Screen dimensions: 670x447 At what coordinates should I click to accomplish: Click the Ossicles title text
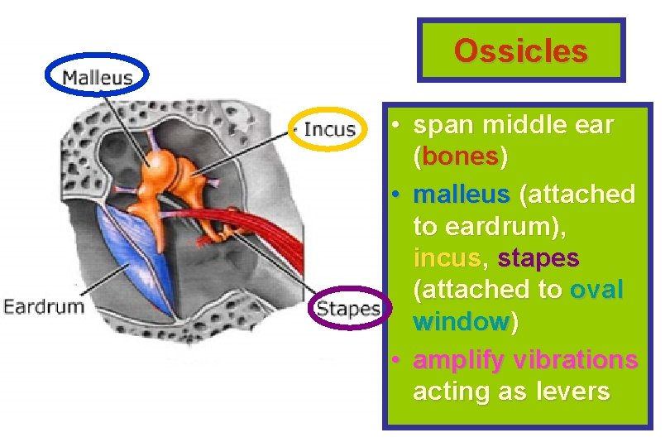tap(520, 51)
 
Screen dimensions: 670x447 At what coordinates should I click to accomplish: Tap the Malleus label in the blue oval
tap(98, 78)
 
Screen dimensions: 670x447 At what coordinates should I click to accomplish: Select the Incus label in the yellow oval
tap(329, 129)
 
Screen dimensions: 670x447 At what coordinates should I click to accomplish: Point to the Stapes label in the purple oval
tap(348, 309)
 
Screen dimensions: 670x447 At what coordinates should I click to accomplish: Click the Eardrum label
tap(44, 306)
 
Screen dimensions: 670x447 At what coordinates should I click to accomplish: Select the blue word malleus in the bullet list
tap(461, 195)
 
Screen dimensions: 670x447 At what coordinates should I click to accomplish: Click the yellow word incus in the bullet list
tap(447, 258)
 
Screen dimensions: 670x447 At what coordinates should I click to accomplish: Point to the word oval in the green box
tap(596, 290)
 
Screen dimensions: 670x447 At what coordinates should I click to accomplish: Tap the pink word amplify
tap(459, 360)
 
